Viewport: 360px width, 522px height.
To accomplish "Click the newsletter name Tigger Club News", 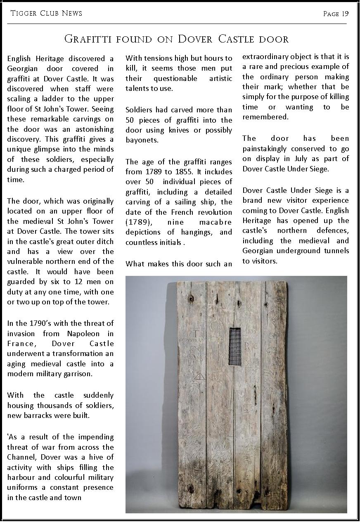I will (x=46, y=14).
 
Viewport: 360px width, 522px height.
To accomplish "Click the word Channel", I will (x=19, y=457).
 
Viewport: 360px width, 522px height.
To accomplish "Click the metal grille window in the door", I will (x=234, y=346).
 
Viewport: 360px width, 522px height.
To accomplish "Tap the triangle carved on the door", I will (x=199, y=376).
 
